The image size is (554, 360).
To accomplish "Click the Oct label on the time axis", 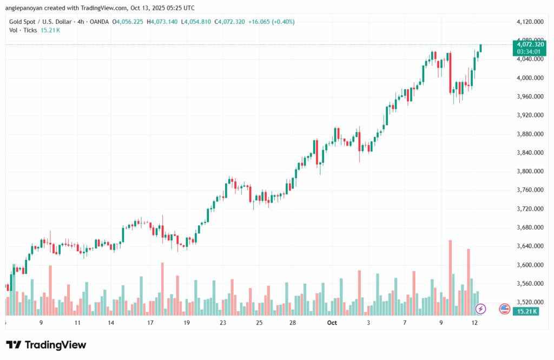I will pyautogui.click(x=332, y=323).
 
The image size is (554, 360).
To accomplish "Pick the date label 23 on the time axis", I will pyautogui.click(x=222, y=323).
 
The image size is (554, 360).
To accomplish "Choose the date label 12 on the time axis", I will pyautogui.click(x=474, y=323).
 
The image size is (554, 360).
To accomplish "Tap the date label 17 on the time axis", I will pyautogui.click(x=150, y=323).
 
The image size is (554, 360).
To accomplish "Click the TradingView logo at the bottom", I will pyautogui.click(x=46, y=345).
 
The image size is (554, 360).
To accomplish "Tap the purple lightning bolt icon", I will pyautogui.click(x=480, y=309).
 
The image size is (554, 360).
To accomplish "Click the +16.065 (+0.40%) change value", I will pyautogui.click(x=265, y=22).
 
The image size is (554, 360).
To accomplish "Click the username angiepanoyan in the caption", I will pyautogui.click(x=29, y=8).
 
